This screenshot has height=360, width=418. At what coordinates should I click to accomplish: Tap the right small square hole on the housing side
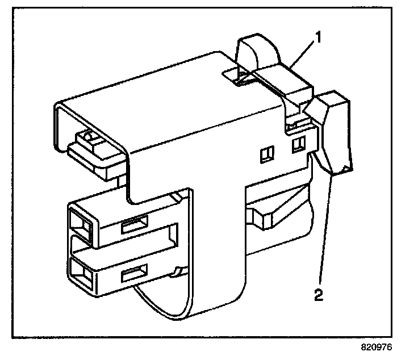point(296,146)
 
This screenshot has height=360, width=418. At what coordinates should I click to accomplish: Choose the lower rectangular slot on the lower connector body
point(135,276)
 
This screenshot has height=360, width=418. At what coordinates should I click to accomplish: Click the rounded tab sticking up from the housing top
point(257,52)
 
